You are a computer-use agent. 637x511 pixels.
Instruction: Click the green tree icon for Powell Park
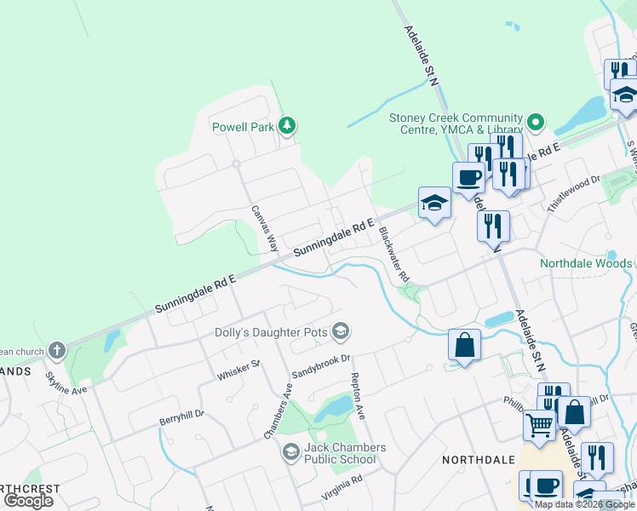tap(288, 127)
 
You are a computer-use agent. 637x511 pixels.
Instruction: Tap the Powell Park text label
tap(243, 128)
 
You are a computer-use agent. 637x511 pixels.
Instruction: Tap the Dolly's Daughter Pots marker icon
tap(341, 330)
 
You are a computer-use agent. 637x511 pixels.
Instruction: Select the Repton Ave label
tap(358, 396)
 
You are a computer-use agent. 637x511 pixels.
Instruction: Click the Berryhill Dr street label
tap(182, 415)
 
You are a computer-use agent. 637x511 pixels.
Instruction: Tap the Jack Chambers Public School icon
tap(291, 452)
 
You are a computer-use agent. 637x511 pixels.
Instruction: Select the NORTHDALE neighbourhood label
tap(479, 460)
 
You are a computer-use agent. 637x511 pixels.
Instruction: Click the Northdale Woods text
tap(586, 263)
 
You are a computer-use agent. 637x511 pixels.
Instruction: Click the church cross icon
tap(56, 350)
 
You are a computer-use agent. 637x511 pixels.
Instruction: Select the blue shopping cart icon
tap(539, 423)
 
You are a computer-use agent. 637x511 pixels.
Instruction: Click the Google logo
tap(28, 501)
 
